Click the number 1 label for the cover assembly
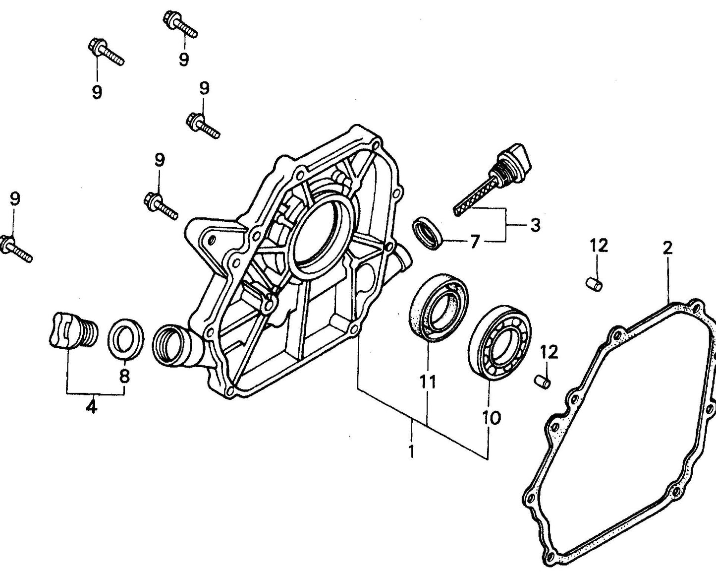[x=411, y=452]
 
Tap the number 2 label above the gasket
[x=667, y=248]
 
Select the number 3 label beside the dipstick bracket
[x=535, y=225]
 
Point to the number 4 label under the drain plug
[x=92, y=407]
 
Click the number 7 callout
[x=475, y=242]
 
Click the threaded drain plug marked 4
[x=73, y=331]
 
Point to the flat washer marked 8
[x=126, y=338]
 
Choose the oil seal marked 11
[x=439, y=307]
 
